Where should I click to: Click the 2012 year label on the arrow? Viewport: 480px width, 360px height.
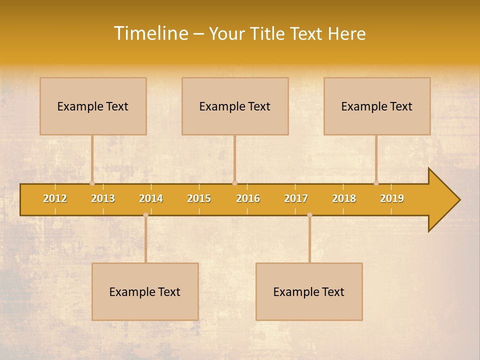55,199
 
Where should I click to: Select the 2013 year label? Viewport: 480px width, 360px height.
103,199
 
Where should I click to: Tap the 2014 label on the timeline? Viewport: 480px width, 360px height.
151,199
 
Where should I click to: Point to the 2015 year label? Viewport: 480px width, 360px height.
199,199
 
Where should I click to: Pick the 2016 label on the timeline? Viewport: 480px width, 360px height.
248,199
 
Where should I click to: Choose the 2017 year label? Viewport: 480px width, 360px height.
296,199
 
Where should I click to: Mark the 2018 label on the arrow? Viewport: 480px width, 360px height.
344,199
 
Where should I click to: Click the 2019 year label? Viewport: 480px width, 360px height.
392,199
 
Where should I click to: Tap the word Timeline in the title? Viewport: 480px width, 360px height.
150,33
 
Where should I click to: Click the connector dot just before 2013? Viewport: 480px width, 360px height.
92,183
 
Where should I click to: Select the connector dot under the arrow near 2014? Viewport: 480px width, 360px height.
145,215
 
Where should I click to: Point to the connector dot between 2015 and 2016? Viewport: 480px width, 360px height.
234,183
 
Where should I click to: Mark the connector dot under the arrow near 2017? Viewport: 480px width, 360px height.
309,215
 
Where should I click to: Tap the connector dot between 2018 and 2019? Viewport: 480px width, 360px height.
376,183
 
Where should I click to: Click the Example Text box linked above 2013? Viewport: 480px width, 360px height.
93,106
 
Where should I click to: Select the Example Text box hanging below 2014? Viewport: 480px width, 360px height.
145,291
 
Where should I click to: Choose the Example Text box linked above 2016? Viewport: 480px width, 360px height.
235,106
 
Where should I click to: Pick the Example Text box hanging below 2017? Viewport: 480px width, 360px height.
309,291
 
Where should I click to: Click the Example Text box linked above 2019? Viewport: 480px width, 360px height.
377,106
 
